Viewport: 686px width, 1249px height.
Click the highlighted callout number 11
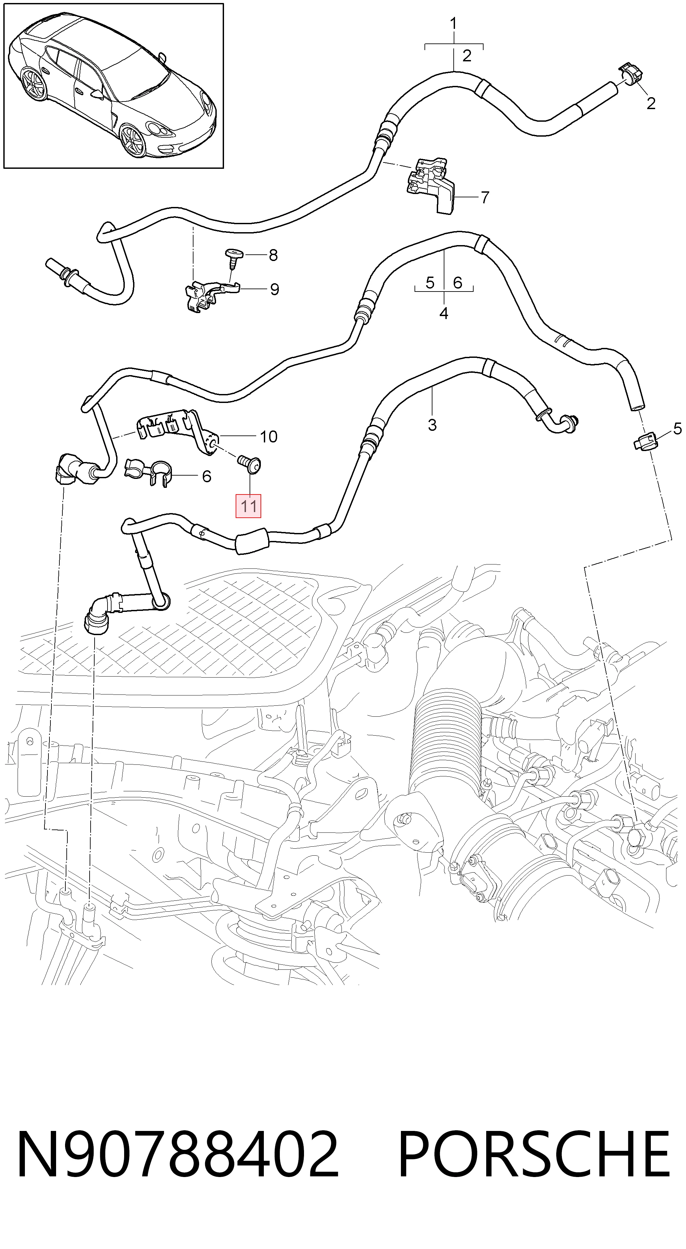pos(248,506)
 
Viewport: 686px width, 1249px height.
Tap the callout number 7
pos(485,197)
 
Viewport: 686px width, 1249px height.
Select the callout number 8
pos(273,255)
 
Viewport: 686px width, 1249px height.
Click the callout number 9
pos(274,290)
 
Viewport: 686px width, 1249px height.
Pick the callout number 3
pos(432,425)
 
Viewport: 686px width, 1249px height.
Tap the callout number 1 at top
pos(453,23)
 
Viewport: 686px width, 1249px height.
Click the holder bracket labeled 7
pos(431,185)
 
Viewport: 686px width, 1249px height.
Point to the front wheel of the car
pos(132,141)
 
